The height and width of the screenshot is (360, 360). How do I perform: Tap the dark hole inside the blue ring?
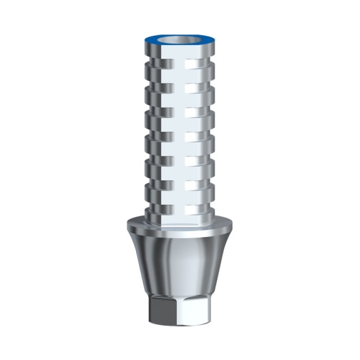[x=180, y=37]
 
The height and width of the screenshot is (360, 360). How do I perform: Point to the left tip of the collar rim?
[x=125, y=228]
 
